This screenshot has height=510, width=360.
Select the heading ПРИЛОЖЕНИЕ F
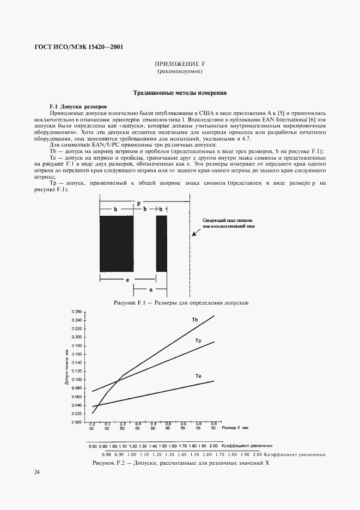click(x=180, y=64)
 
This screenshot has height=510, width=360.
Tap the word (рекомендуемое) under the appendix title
click(x=180, y=72)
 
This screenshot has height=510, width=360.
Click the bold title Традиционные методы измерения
click(x=180, y=93)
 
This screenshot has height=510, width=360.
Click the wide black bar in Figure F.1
click(x=117, y=244)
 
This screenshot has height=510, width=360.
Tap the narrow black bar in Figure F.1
click(x=162, y=244)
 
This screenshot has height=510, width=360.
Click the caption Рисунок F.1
click(x=181, y=302)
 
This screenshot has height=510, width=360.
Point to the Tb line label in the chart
click(x=194, y=319)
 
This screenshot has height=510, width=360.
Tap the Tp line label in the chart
click(x=198, y=340)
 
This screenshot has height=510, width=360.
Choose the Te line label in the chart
click(x=198, y=376)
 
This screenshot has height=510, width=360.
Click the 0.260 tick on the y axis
click(x=76, y=312)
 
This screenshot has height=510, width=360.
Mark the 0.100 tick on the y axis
click(x=76, y=379)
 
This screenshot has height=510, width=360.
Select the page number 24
click(x=37, y=472)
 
